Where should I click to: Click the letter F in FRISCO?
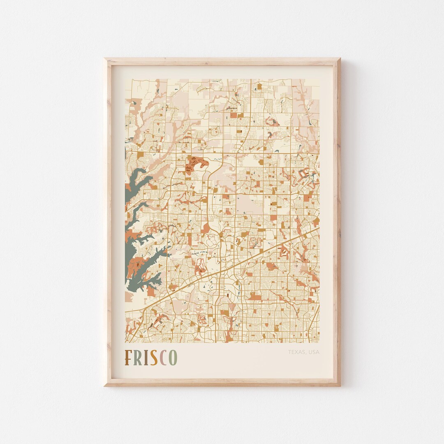point(129,358)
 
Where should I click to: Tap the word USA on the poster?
point(314,352)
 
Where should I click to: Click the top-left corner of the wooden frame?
point(105,59)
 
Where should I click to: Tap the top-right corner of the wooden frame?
point(340,59)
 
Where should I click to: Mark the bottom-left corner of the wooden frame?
point(105,385)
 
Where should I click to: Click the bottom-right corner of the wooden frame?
point(340,385)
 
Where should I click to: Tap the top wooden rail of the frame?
point(222,62)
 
